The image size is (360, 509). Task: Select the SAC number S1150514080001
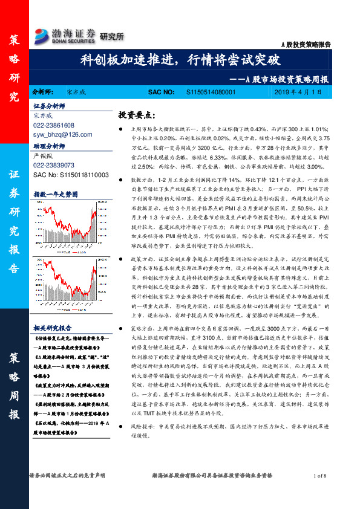point(210,92)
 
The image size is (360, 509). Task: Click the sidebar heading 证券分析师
point(48,105)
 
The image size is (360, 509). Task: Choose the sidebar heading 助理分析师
point(48,146)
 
